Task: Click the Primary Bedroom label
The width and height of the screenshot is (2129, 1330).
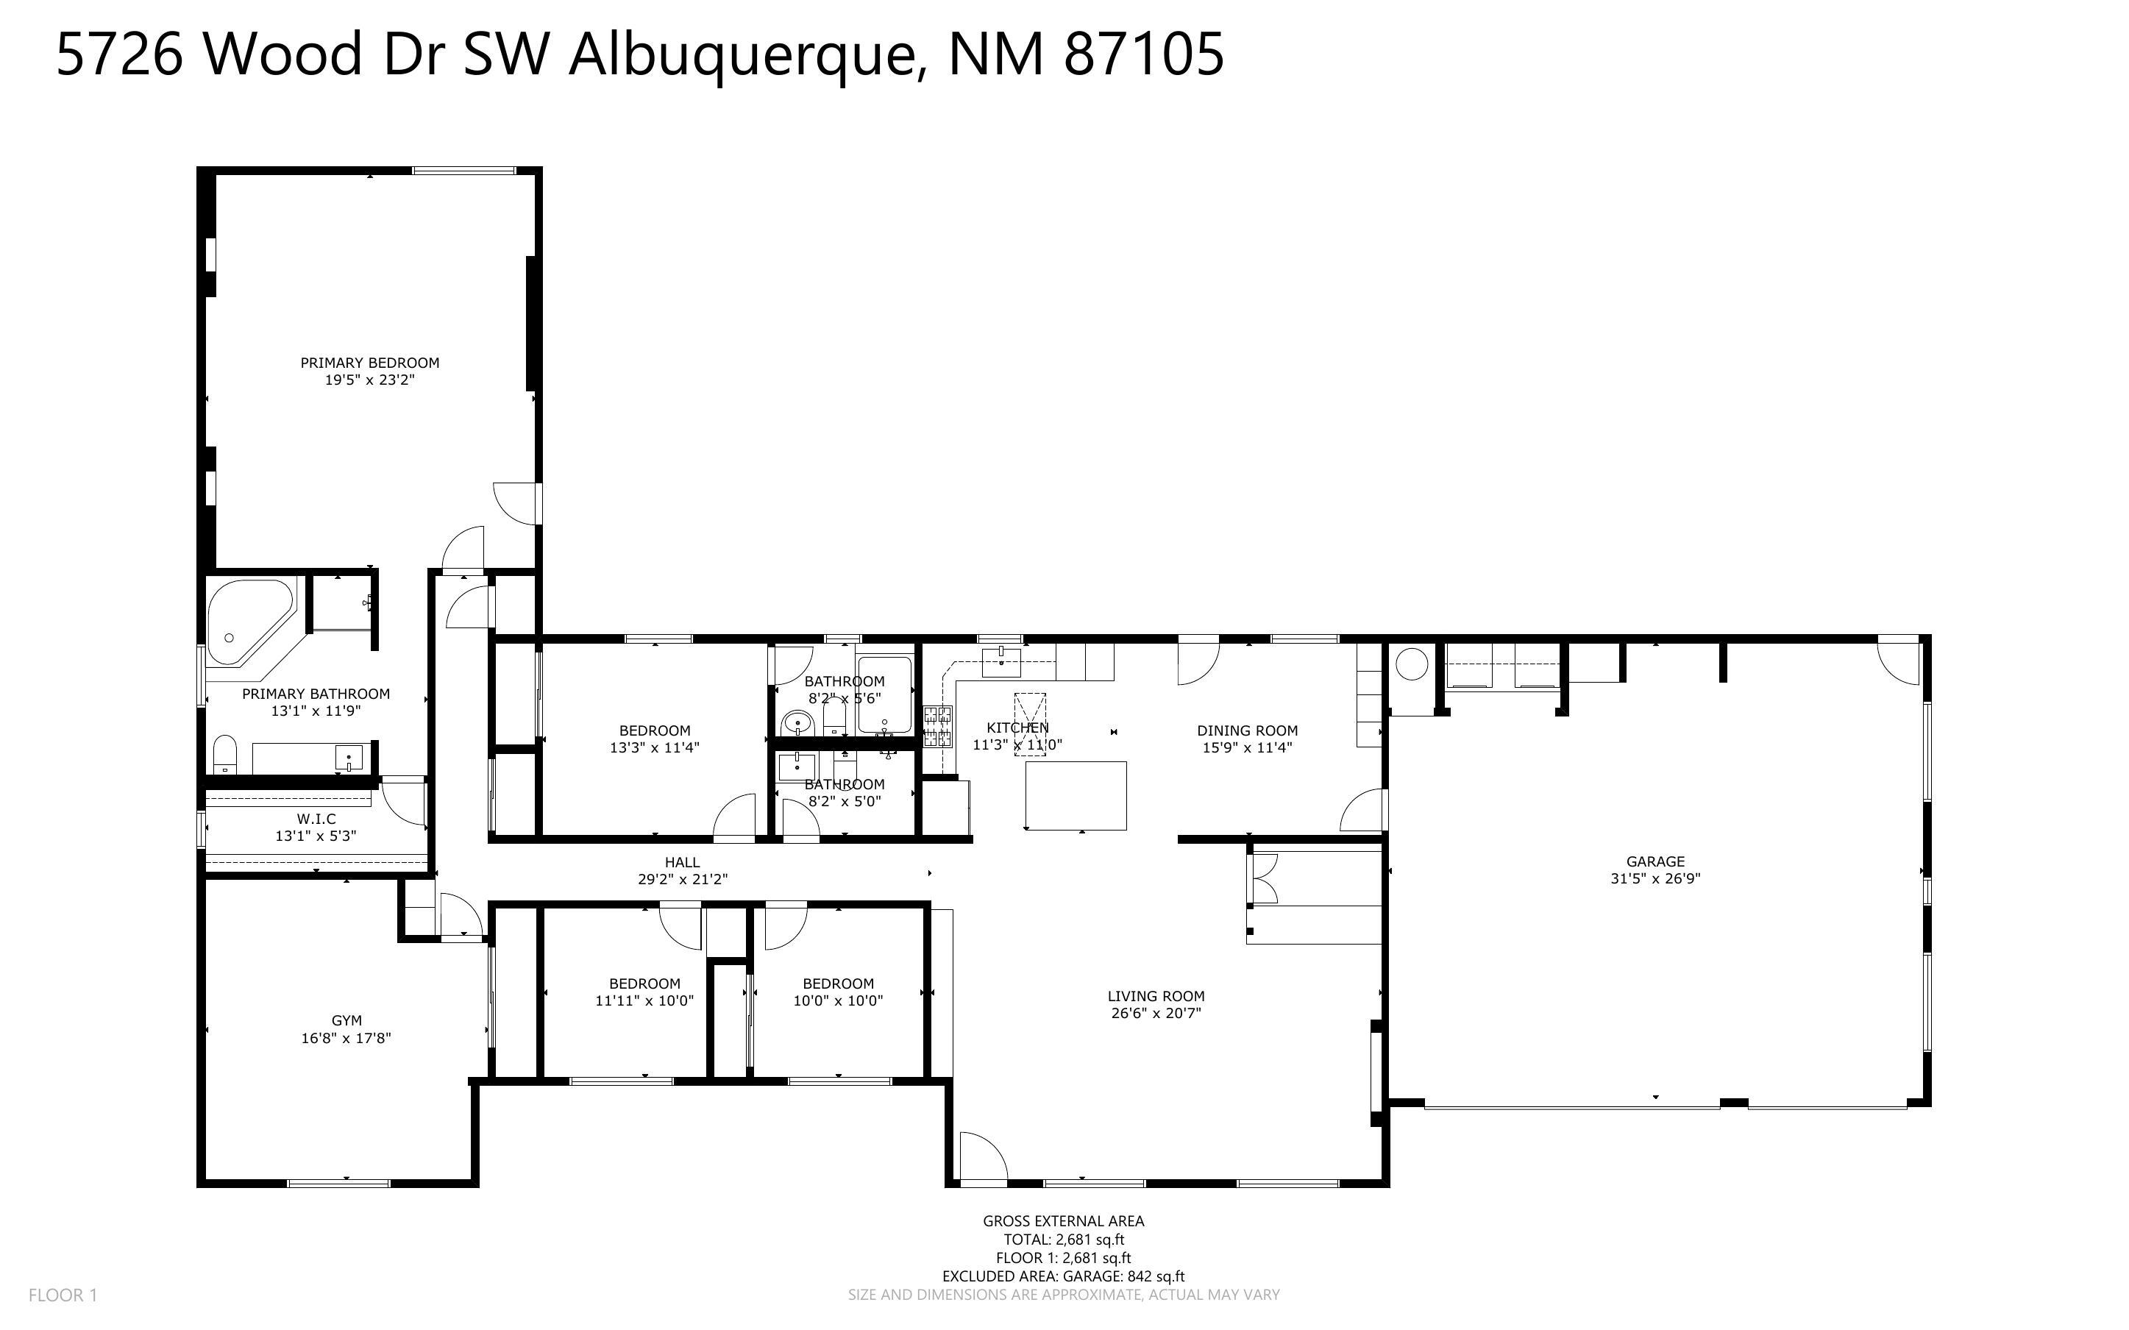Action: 369,363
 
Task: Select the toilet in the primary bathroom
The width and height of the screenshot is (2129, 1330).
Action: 225,755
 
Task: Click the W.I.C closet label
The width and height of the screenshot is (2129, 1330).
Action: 316,819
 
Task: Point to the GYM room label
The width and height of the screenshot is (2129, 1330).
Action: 346,1020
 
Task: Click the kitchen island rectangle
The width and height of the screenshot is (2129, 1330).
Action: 1076,795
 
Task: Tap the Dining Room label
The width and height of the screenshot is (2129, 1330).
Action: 1247,730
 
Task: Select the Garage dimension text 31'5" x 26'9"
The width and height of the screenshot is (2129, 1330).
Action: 1655,878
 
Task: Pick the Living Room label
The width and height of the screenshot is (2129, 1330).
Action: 1156,996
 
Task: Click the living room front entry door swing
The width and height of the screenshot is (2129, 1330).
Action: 981,1156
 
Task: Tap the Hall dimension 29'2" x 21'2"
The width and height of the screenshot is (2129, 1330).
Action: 683,879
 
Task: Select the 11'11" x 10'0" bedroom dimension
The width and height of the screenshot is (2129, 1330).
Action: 644,1000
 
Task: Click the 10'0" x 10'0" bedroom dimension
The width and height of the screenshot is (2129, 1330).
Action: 838,1000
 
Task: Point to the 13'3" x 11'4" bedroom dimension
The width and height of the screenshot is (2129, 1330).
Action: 654,747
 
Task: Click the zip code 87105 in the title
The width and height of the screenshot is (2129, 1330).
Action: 1143,54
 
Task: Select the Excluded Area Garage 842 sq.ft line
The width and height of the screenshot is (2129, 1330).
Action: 1063,1276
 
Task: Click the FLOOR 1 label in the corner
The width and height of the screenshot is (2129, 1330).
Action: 63,1295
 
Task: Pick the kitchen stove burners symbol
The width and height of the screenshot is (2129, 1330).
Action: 937,727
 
